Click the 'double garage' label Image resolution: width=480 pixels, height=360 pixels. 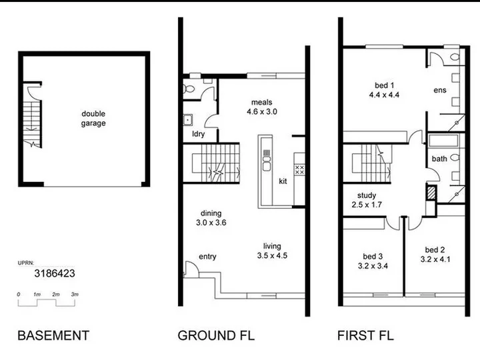pyautogui.click(x=93, y=119)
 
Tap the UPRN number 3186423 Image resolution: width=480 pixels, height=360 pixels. pyautogui.click(x=55, y=273)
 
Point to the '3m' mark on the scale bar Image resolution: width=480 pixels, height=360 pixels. pyautogui.click(x=75, y=294)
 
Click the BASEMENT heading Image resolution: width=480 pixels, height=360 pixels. pyautogui.click(x=53, y=335)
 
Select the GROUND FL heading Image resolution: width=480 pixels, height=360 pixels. pyautogui.click(x=216, y=335)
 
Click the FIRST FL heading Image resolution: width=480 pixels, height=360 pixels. pyautogui.click(x=365, y=335)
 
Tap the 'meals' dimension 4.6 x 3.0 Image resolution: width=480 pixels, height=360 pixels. pyautogui.click(x=262, y=111)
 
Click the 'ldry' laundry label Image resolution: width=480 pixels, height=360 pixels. pyautogui.click(x=199, y=134)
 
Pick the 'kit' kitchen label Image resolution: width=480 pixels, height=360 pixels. pyautogui.click(x=283, y=181)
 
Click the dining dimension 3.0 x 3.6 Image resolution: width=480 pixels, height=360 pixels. pyautogui.click(x=211, y=223)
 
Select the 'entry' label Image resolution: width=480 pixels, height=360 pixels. pyautogui.click(x=207, y=257)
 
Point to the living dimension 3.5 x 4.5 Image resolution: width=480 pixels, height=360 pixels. pyautogui.click(x=272, y=255)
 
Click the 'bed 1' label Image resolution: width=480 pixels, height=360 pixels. pyautogui.click(x=384, y=85)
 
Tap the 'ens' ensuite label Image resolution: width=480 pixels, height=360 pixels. pyautogui.click(x=440, y=90)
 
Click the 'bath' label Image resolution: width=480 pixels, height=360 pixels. pyautogui.click(x=439, y=159)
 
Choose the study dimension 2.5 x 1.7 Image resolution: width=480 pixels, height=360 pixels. pyautogui.click(x=367, y=205)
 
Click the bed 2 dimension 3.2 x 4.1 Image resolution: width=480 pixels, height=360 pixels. pyautogui.click(x=435, y=259)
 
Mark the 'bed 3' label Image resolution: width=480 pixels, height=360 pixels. pyautogui.click(x=373, y=257)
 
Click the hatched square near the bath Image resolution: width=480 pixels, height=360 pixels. pyautogui.click(x=431, y=193)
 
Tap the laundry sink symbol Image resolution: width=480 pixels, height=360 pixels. pyautogui.click(x=187, y=120)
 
